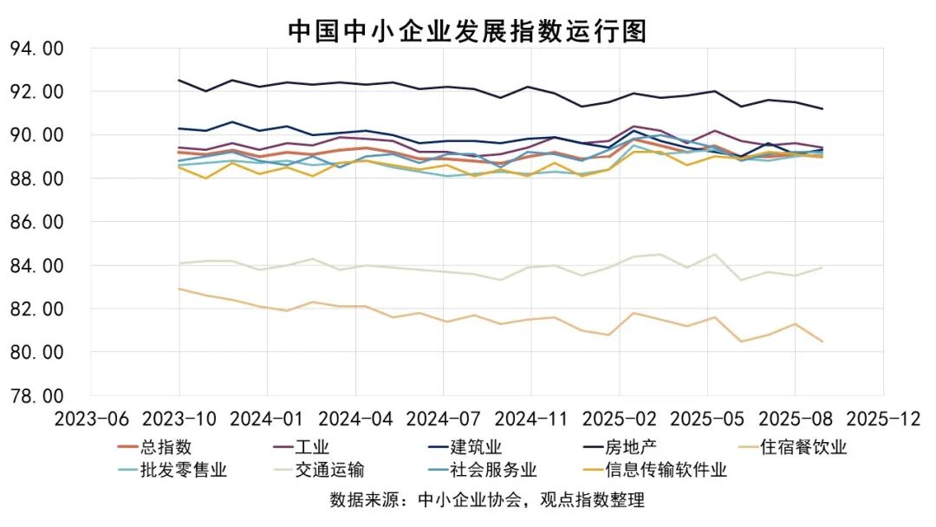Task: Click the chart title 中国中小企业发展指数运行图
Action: [x=467, y=30]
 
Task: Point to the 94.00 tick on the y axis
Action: [x=36, y=49]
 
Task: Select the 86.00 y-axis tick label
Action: [x=36, y=222]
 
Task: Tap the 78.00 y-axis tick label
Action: [x=36, y=396]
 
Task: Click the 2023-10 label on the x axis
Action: [x=179, y=419]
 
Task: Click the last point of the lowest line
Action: [x=821, y=342]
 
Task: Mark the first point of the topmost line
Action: [x=179, y=81]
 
